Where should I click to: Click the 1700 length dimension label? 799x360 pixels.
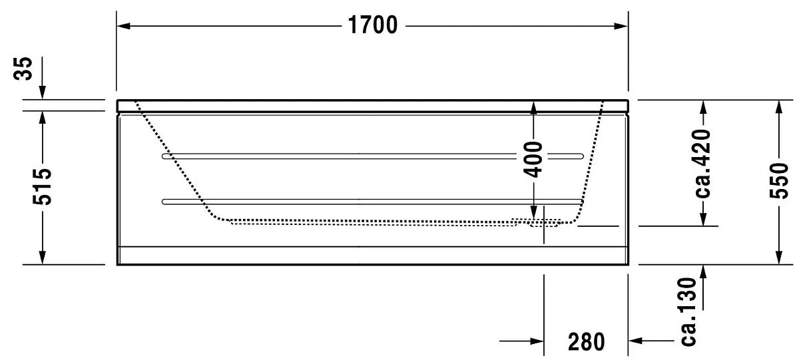pyautogui.click(x=372, y=25)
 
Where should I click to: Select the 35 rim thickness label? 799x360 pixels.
pyautogui.click(x=23, y=69)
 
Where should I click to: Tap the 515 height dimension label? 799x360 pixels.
pyautogui.click(x=42, y=187)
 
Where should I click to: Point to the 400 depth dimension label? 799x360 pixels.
pyautogui.click(x=533, y=159)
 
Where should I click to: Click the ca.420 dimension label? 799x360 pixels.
pyautogui.click(x=703, y=164)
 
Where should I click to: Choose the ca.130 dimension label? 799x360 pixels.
pyautogui.click(x=688, y=312)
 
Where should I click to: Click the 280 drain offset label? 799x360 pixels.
pyautogui.click(x=587, y=342)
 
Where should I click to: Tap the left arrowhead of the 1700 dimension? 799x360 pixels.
pyautogui.click(x=123, y=26)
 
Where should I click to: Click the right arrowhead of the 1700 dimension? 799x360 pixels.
pyautogui.click(x=621, y=26)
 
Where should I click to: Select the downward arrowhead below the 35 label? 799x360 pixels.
pyautogui.click(x=43, y=92)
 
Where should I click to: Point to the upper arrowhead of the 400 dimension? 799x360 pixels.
pyautogui.click(x=533, y=107)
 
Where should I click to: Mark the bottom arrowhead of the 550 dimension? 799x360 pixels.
pyautogui.click(x=779, y=258)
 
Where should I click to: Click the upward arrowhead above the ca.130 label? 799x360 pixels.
pyautogui.click(x=703, y=272)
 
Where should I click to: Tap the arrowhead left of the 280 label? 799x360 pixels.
pyautogui.click(x=537, y=341)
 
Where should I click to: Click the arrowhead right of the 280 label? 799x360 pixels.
pyautogui.click(x=635, y=341)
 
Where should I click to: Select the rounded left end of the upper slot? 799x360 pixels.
pyautogui.click(x=164, y=156)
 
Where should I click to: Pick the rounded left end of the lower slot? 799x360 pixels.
pyautogui.click(x=164, y=202)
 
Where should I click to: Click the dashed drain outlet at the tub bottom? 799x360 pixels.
pyautogui.click(x=543, y=224)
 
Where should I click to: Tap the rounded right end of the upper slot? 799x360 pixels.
pyautogui.click(x=581, y=156)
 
